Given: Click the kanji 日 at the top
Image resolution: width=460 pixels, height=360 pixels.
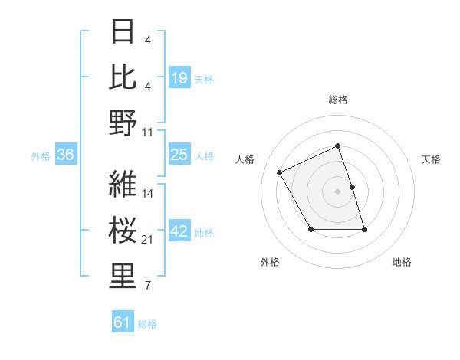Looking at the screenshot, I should (123, 32).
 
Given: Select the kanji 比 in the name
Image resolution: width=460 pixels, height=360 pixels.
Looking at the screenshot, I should (123, 77).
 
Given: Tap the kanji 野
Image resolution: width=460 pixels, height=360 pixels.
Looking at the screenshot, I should (123, 123).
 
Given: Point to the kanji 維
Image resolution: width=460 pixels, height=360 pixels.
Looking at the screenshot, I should (123, 184).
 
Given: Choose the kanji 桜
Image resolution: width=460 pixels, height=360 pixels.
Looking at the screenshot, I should (123, 231).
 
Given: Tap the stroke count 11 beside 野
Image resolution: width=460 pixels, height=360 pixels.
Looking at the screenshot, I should (149, 132).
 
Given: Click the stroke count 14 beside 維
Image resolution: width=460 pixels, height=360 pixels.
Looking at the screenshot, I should (149, 193).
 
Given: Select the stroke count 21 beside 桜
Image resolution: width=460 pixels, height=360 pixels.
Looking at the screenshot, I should (149, 240).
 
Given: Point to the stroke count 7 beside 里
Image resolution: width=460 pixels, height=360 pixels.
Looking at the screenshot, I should (147, 286).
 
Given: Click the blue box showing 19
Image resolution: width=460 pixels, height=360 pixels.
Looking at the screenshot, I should (179, 78).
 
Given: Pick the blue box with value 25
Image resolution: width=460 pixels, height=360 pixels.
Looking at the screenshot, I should (179, 155).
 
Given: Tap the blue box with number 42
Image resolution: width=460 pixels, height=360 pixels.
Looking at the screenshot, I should (179, 232).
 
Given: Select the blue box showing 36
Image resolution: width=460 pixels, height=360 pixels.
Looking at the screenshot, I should (66, 155).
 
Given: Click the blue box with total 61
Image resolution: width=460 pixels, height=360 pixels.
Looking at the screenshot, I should (123, 323).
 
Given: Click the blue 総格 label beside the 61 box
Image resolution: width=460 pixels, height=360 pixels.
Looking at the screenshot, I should (148, 324).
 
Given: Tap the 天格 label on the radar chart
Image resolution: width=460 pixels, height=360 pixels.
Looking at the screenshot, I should (431, 159).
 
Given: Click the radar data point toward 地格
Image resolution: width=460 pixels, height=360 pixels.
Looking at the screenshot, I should (364, 230).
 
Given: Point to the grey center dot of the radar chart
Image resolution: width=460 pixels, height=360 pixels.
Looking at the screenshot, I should (337, 191).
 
